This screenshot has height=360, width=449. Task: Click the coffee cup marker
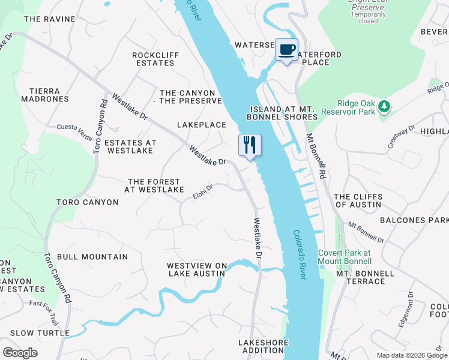click(x=287, y=50)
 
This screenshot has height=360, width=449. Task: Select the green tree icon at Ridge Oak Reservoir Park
click(x=384, y=107)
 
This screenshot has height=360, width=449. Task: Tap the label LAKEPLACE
click(x=201, y=125)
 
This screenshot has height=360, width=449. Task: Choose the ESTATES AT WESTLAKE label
click(x=130, y=147)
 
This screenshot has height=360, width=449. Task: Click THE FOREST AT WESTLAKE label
click(x=154, y=185)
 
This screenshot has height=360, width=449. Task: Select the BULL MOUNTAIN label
click(x=92, y=257)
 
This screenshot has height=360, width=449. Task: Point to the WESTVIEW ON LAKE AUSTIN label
click(x=196, y=269)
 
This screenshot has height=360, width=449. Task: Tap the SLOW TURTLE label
click(x=40, y=333)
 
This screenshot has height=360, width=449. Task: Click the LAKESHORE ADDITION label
click(x=264, y=346)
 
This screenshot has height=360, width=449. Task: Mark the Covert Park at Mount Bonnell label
click(x=345, y=257)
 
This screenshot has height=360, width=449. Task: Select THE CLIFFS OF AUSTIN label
click(x=357, y=200)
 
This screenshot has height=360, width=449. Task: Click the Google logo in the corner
click(x=20, y=352)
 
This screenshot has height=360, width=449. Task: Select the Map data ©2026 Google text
click(x=411, y=355)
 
